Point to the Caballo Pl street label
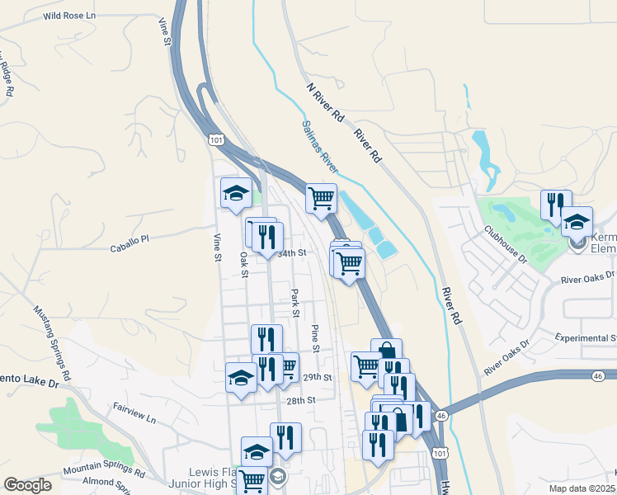coord(129,238)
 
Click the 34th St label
coord(293,253)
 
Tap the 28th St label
coord(301,400)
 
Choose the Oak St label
coord(244,264)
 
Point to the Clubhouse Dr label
coord(505,244)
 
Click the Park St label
coord(294,301)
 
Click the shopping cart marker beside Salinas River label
coord(321,197)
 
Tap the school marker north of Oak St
coord(236,193)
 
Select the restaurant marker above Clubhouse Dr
coord(556,203)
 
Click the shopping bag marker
coord(386,352)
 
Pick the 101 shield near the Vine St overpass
coord(216,140)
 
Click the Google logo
coord(27,485)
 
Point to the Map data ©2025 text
coord(582,488)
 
